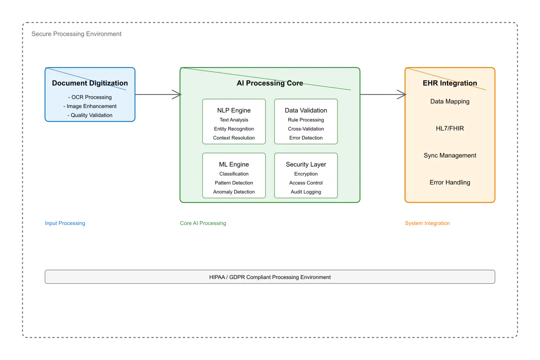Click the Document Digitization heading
[x=90, y=83]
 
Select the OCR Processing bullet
[x=90, y=97]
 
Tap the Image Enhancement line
[x=90, y=106]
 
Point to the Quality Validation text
[x=90, y=115]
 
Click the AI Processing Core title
[x=270, y=83]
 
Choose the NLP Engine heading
[x=234, y=111]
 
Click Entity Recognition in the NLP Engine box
[x=234, y=129]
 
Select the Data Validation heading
[x=306, y=111]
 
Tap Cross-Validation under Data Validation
[x=306, y=129]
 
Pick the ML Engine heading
[x=234, y=165]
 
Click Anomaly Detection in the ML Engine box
[x=234, y=192]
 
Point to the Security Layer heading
[x=306, y=165]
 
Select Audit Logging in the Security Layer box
[x=306, y=192]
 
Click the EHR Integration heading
[x=450, y=83]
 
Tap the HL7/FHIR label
[x=450, y=128]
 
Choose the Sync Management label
[x=450, y=155]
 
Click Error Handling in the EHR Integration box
[x=450, y=182]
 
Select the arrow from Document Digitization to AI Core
[x=157, y=95]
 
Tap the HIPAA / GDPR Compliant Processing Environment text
[x=270, y=277]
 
